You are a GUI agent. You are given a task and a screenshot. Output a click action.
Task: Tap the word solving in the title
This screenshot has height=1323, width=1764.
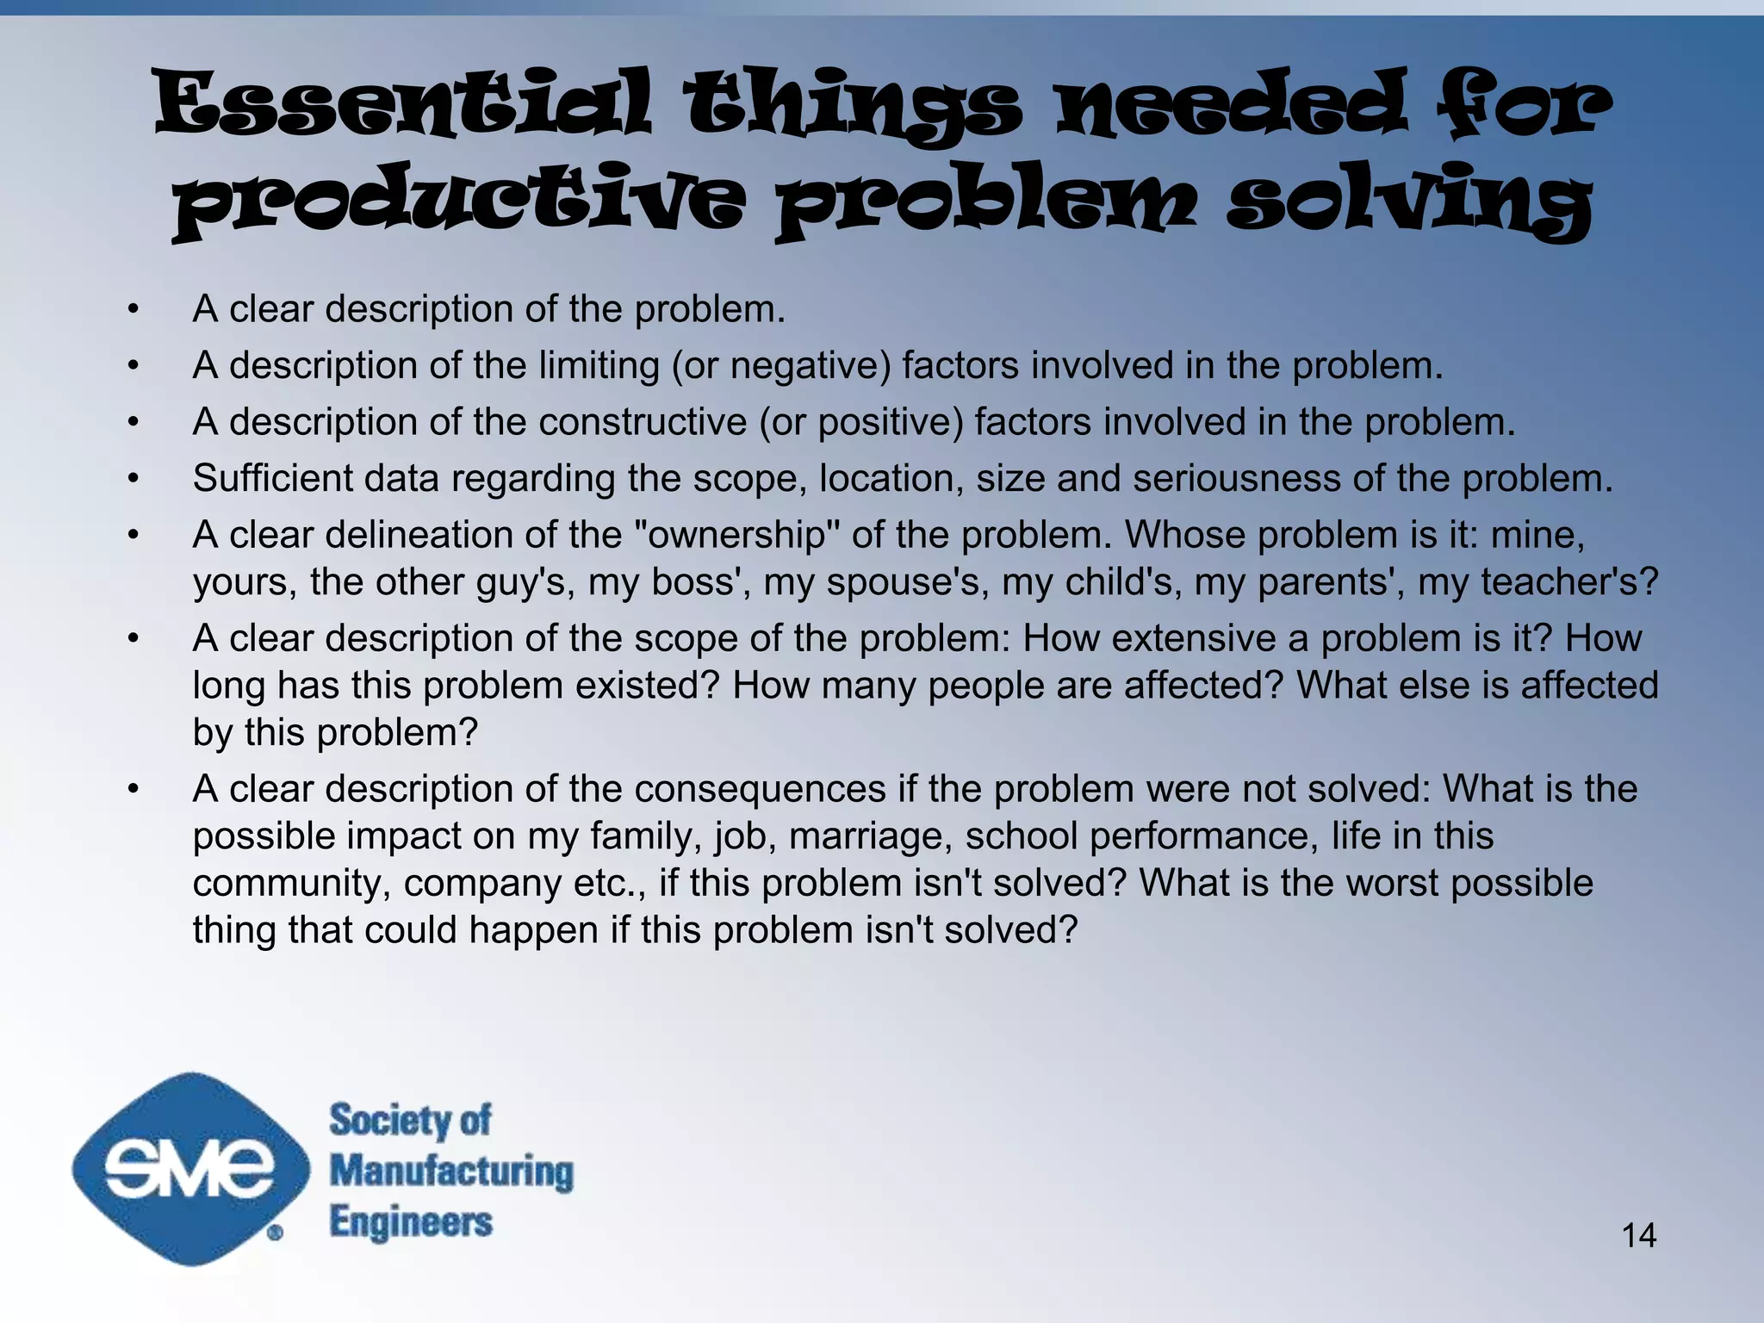tap(1409, 202)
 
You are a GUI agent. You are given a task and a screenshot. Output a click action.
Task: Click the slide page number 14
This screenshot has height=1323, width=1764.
tap(1638, 1235)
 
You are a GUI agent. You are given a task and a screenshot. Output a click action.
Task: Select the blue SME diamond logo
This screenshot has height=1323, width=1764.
tap(190, 1169)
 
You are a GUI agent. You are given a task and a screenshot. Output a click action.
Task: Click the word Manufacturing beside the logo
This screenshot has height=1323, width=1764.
tap(451, 1171)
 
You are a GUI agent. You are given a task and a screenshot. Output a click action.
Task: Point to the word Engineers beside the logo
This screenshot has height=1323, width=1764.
tap(411, 1222)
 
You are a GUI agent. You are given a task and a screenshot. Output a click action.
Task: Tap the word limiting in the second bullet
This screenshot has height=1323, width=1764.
tap(599, 366)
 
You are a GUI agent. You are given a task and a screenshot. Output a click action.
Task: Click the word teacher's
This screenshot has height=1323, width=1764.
tap(1568, 582)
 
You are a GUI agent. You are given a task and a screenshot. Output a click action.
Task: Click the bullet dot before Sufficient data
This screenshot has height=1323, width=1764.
tap(133, 479)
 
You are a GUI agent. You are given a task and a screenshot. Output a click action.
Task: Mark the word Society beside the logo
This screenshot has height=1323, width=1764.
tap(384, 1120)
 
